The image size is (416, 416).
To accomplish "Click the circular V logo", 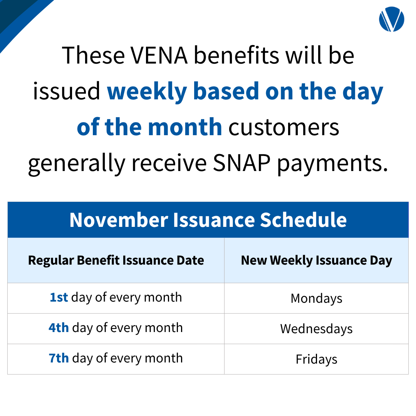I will click(x=391, y=19).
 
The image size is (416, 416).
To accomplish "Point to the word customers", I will click(x=284, y=127).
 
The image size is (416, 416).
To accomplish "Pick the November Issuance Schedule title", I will click(x=208, y=220).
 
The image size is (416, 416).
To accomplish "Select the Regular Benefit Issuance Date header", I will click(x=116, y=260).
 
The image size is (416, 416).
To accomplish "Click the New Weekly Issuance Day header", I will click(x=316, y=260).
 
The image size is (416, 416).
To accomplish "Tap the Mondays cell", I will click(x=316, y=299).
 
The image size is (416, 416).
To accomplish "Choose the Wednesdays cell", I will click(x=316, y=329).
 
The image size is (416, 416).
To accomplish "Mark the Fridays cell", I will click(x=316, y=359).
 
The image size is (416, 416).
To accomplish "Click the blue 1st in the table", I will click(x=59, y=297).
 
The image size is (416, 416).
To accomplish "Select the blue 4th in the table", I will click(x=59, y=328).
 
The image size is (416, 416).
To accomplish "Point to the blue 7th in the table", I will click(x=59, y=358).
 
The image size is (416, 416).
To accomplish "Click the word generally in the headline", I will click(x=77, y=164).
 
